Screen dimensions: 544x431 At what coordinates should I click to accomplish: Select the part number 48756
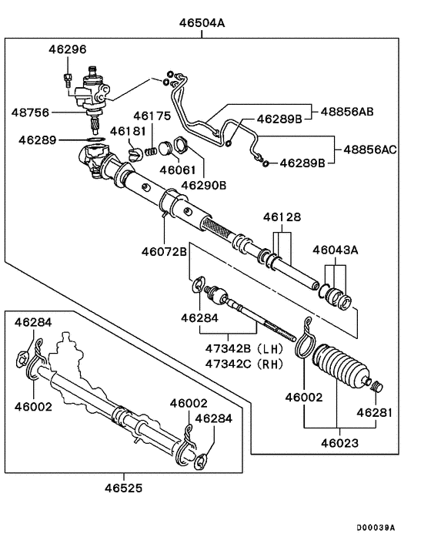(x=30, y=112)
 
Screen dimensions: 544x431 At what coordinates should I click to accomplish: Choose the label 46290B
(x=205, y=185)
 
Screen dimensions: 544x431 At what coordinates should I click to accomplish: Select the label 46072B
(x=164, y=250)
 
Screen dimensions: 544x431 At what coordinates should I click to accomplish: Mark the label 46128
(x=282, y=218)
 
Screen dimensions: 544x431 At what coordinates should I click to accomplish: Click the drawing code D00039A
(x=376, y=528)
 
